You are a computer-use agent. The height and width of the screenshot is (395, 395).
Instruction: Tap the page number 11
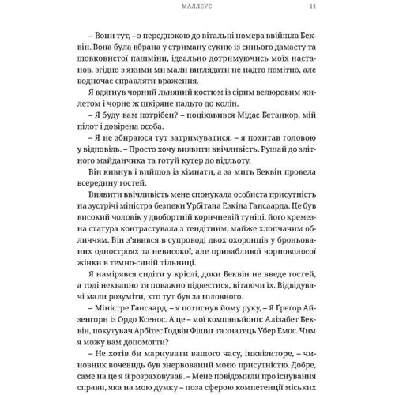click(x=313, y=8)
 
